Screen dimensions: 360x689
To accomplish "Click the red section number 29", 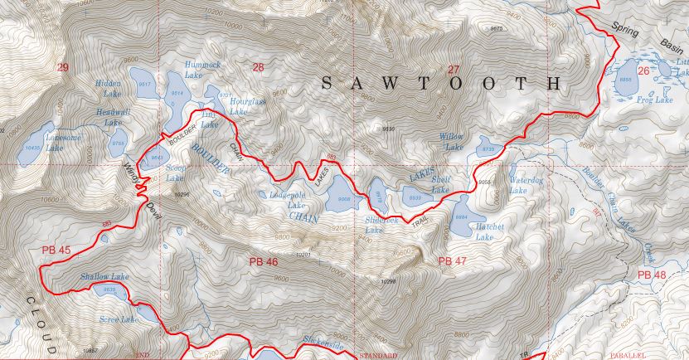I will pyautogui.click(x=63, y=66).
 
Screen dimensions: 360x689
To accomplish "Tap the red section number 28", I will pyautogui.click(x=258, y=66).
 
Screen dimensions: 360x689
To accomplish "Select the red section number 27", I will pyautogui.click(x=453, y=69).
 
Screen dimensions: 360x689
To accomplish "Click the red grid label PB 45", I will pyautogui.click(x=56, y=250).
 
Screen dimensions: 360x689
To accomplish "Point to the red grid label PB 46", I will pyautogui.click(x=263, y=261).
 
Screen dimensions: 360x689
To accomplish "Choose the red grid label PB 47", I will pyautogui.click(x=453, y=261).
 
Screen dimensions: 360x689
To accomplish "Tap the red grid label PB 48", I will pyautogui.click(x=653, y=274).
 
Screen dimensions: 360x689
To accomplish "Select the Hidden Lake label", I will pyautogui.click(x=108, y=89).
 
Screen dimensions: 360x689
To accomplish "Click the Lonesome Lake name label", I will pyautogui.click(x=43, y=143).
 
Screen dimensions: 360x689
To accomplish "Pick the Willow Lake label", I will pyautogui.click(x=453, y=141).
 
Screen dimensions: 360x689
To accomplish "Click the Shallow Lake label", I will pyautogui.click(x=104, y=276).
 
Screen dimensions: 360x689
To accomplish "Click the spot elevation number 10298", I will pyautogui.click(x=390, y=282).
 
